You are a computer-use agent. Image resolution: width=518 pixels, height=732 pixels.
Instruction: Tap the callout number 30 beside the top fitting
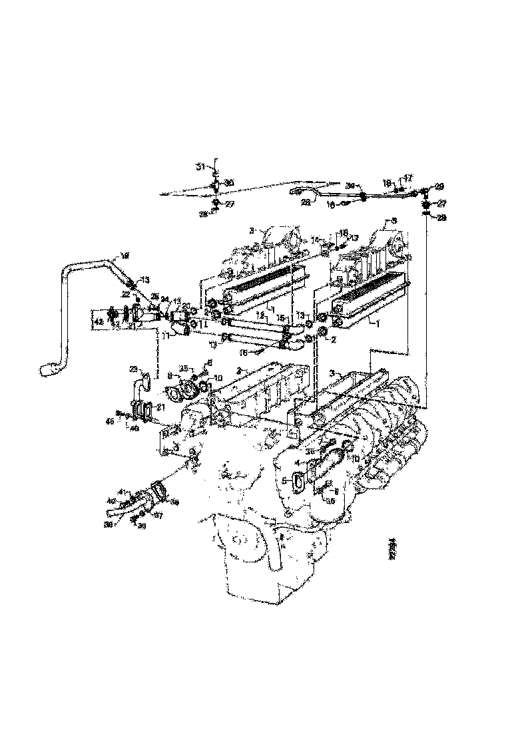[x=228, y=182]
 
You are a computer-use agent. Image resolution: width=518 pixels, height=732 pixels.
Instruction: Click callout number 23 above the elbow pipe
[x=133, y=368]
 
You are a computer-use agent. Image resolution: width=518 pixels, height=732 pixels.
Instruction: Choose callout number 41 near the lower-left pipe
[x=121, y=491]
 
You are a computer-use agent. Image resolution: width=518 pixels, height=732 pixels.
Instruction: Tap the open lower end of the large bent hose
[x=49, y=367]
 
